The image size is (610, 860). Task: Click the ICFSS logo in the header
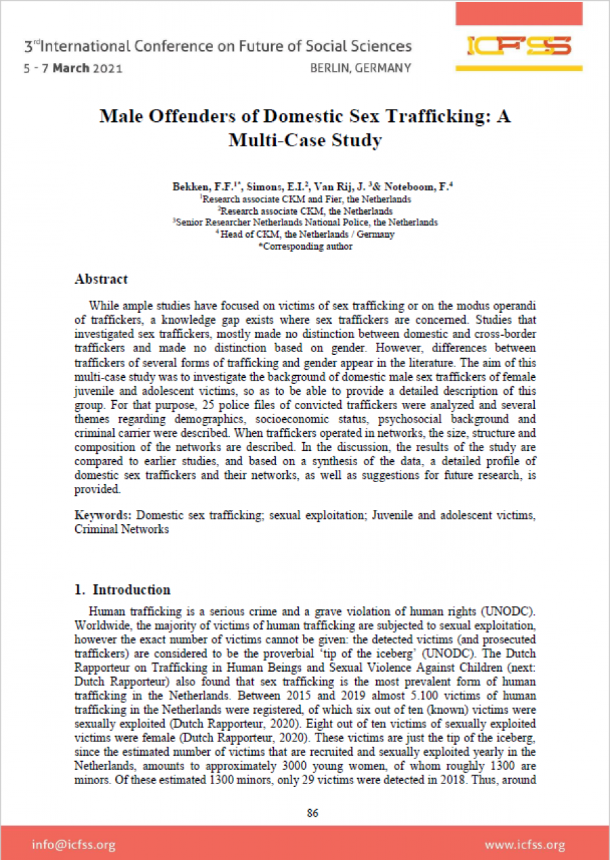pyautogui.click(x=519, y=46)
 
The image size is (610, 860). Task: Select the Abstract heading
pyautogui.click(x=101, y=279)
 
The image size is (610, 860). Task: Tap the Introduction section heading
pyautogui.click(x=131, y=589)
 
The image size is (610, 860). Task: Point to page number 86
pyautogui.click(x=312, y=813)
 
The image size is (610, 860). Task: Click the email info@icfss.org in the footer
pyautogui.click(x=73, y=844)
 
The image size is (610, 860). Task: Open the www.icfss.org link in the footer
pyautogui.click(x=525, y=844)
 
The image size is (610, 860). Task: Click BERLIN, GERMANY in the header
pyautogui.click(x=360, y=68)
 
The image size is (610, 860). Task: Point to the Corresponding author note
pyautogui.click(x=306, y=246)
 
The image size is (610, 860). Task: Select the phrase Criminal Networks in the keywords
pyautogui.click(x=122, y=529)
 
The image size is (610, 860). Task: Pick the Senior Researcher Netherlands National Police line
pyautogui.click(x=306, y=222)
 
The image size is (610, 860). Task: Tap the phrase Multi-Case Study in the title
pyautogui.click(x=305, y=140)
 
